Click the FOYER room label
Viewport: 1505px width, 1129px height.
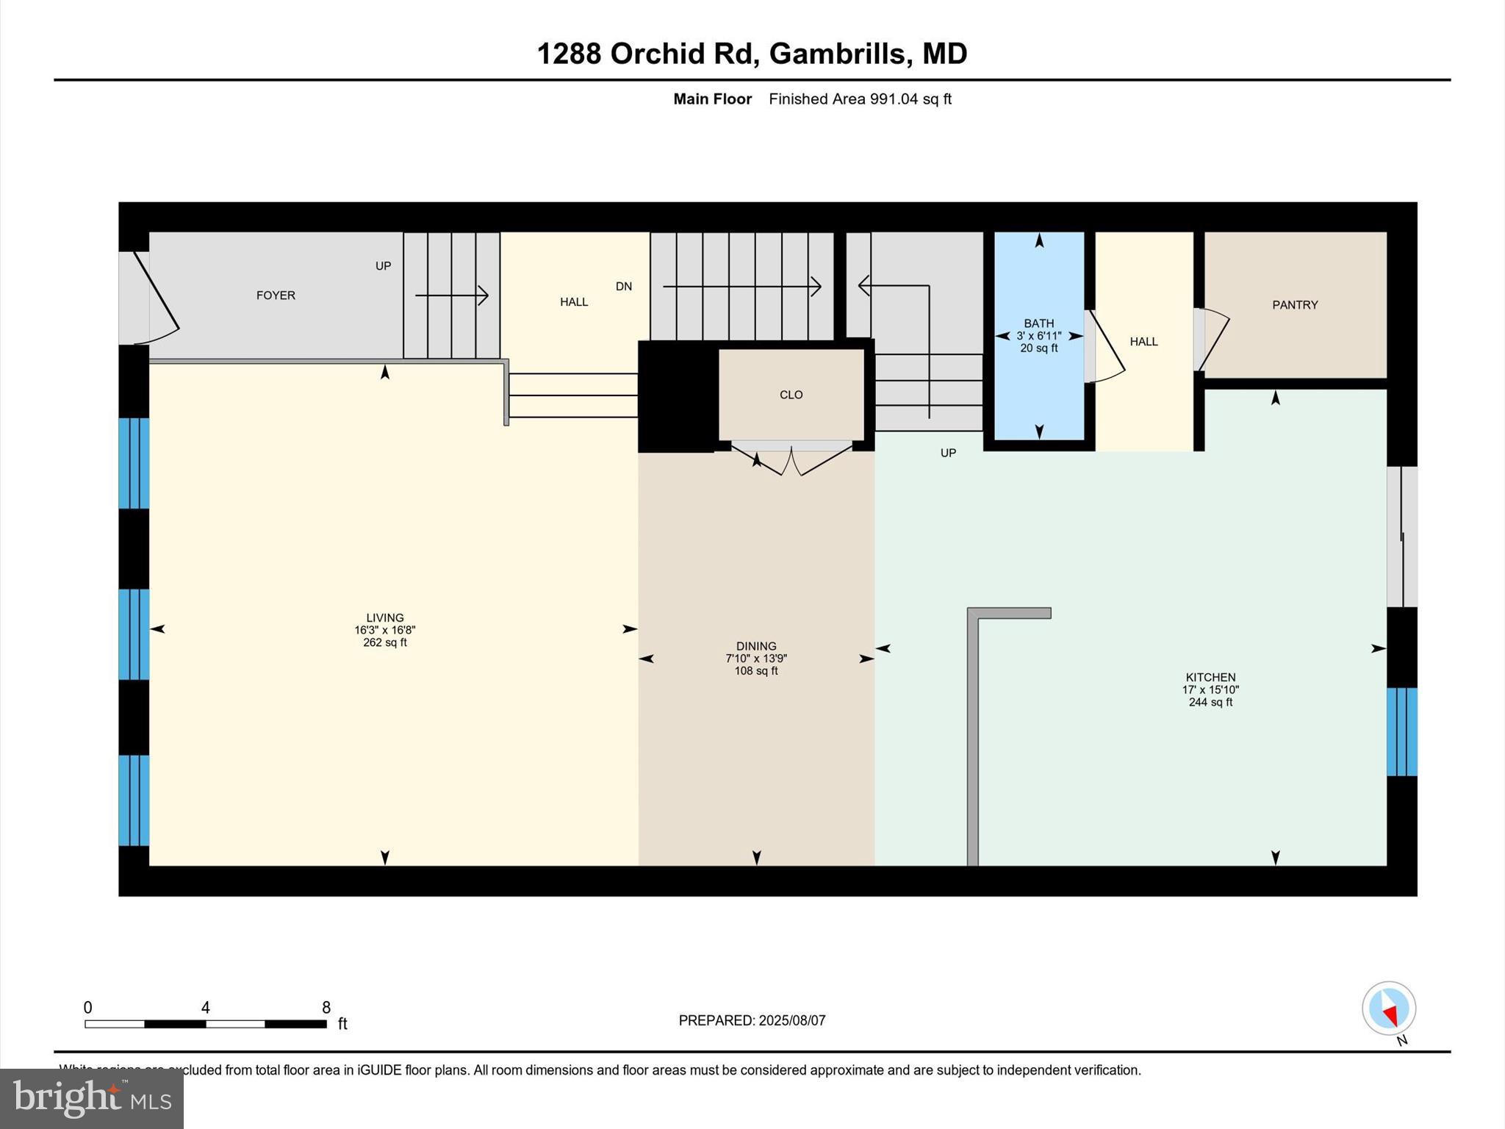point(276,295)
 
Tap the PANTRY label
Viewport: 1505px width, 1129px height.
point(1295,305)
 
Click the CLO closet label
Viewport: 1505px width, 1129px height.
point(791,395)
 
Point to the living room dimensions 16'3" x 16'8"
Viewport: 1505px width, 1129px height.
point(384,630)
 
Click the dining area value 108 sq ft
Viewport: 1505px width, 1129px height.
point(756,671)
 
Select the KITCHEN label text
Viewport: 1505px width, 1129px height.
point(1210,677)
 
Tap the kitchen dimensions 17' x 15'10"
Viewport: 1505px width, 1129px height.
point(1210,689)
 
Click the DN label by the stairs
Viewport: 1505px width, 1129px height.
point(623,287)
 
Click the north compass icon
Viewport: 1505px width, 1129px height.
point(1388,1008)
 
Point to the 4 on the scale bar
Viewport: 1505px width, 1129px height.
point(205,1007)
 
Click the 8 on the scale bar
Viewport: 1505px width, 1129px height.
point(326,1007)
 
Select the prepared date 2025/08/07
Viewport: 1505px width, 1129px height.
point(792,1020)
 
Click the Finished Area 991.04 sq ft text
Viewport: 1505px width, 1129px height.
point(860,99)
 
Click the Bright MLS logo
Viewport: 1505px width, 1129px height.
point(92,1098)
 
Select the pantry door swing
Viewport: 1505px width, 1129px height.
point(1213,338)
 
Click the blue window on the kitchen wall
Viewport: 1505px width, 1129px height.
point(1401,731)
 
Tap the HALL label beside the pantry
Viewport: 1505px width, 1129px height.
point(1143,342)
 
